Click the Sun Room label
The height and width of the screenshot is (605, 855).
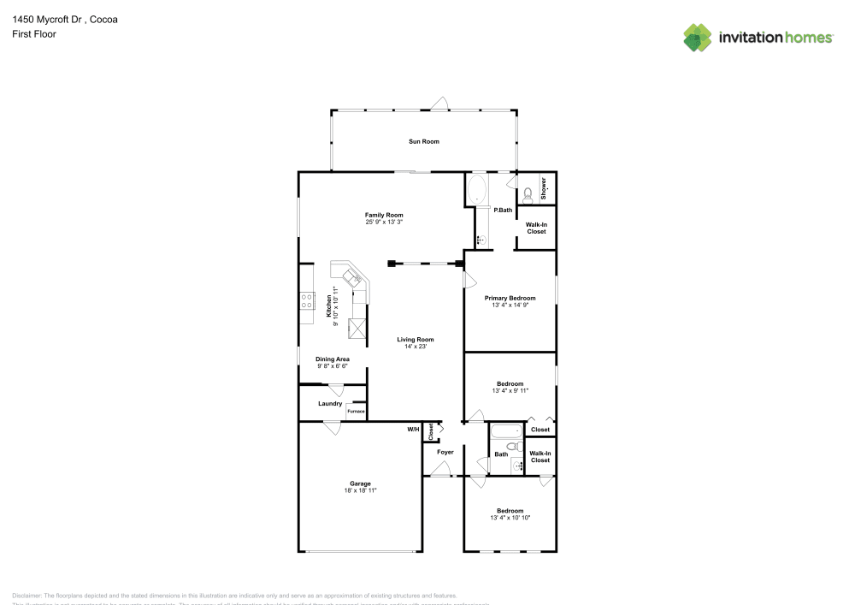(x=424, y=141)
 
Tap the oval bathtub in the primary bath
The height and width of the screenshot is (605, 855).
(x=477, y=188)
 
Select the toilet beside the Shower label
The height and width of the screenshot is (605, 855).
(x=528, y=193)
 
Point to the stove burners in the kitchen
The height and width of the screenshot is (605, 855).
(x=306, y=300)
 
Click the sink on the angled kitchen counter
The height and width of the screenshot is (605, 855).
(x=351, y=276)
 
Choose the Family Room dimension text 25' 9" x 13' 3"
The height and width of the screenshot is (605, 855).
(x=384, y=222)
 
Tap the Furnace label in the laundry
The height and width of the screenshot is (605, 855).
(x=356, y=412)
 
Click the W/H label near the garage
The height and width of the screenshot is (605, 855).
(x=413, y=429)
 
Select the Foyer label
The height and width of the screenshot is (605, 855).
(x=445, y=452)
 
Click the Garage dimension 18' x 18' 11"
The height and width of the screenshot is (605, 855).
(x=360, y=490)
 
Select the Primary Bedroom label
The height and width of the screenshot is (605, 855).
(x=510, y=298)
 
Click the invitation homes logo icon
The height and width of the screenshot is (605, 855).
(x=697, y=37)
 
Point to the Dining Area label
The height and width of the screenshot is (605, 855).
(x=333, y=359)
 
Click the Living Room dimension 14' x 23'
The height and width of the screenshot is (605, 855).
(x=416, y=347)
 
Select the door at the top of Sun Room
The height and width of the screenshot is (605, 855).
(x=439, y=105)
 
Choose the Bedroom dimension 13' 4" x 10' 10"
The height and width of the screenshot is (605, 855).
(x=510, y=518)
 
